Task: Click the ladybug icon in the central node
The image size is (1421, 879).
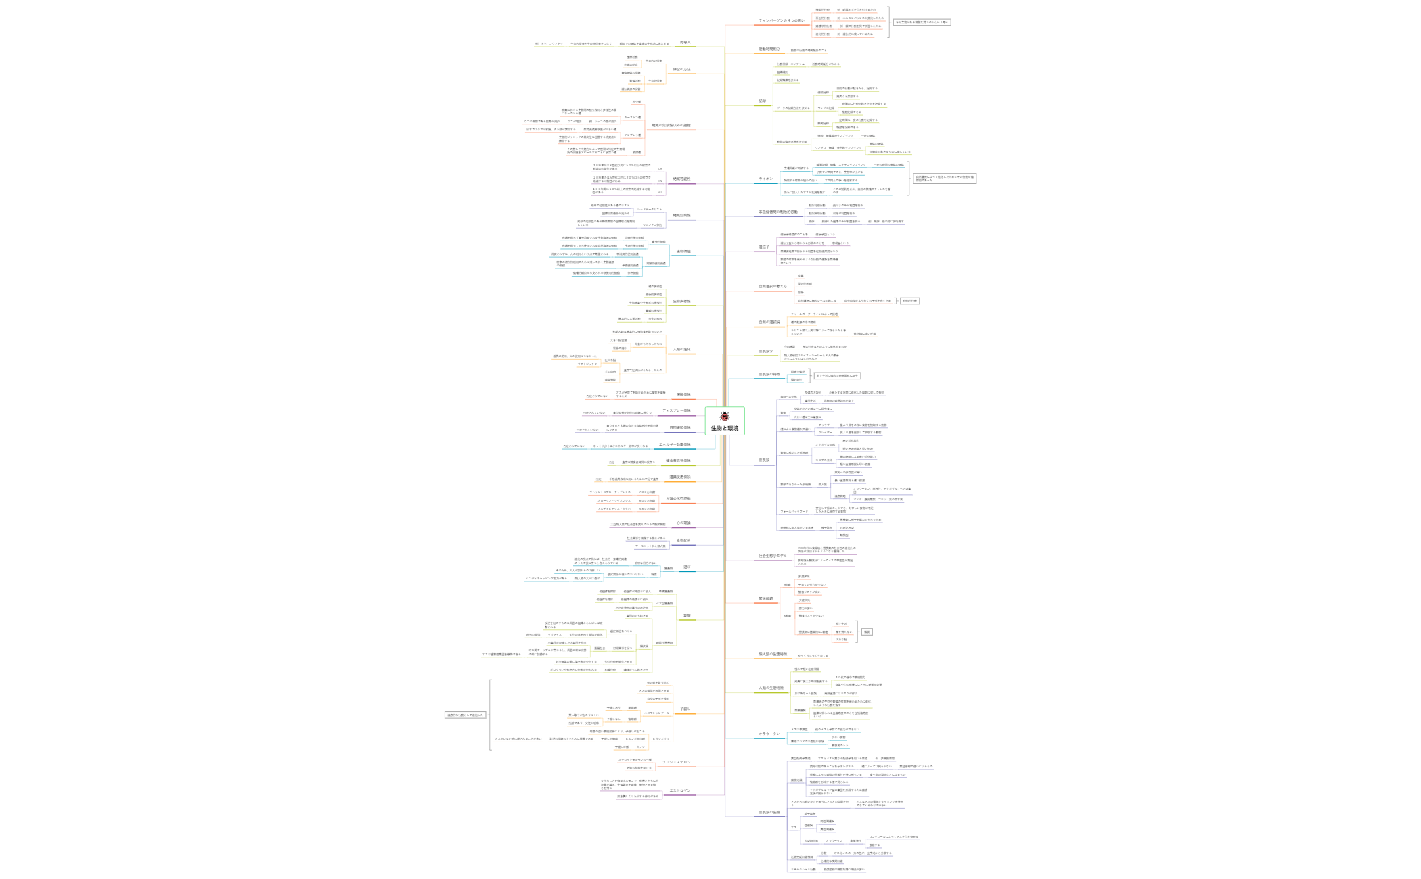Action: (x=725, y=417)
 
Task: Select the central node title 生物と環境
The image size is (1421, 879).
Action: (x=725, y=429)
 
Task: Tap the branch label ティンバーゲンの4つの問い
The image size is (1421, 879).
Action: (x=782, y=21)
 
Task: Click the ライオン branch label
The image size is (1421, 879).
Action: (x=766, y=179)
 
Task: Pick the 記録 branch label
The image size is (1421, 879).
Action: (x=762, y=101)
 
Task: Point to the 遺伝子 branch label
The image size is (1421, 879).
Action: (x=764, y=247)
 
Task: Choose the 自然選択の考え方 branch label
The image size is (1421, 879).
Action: (x=773, y=287)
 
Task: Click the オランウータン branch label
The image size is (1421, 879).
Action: (x=769, y=734)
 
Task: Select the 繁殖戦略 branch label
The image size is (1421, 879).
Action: (x=765, y=599)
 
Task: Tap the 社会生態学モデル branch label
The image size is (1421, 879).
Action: (x=773, y=556)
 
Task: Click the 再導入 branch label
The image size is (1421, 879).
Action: (x=685, y=43)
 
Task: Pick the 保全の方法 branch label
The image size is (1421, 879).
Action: (x=681, y=70)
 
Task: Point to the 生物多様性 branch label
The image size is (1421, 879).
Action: (x=681, y=302)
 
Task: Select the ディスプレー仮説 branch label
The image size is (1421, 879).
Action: (x=677, y=411)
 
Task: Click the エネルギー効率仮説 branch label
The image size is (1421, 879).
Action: (x=675, y=445)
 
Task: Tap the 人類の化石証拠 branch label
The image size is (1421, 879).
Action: (x=678, y=499)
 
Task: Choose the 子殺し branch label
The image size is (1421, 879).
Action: (x=685, y=709)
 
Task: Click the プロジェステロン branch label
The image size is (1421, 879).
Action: (x=677, y=763)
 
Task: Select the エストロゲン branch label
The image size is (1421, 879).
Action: (x=680, y=791)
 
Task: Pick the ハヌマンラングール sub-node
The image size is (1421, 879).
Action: (x=656, y=713)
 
